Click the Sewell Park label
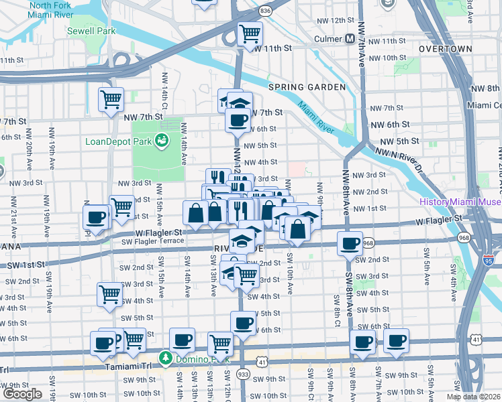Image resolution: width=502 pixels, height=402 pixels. (x=91, y=31)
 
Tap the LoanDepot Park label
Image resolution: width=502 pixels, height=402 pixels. (x=118, y=141)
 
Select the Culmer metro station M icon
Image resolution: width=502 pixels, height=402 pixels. (x=350, y=39)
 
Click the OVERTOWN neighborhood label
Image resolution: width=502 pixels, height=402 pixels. (x=446, y=50)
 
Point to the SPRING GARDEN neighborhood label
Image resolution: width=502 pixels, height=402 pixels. (x=307, y=87)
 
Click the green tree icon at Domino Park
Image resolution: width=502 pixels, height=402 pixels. (x=165, y=358)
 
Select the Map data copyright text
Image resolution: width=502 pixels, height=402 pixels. (x=473, y=397)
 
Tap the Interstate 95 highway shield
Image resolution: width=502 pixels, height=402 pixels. (x=489, y=257)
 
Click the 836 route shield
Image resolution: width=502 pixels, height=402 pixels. (x=266, y=11)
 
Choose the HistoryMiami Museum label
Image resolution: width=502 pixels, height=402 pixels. (x=460, y=202)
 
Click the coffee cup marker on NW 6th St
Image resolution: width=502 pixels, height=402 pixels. (x=237, y=120)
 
